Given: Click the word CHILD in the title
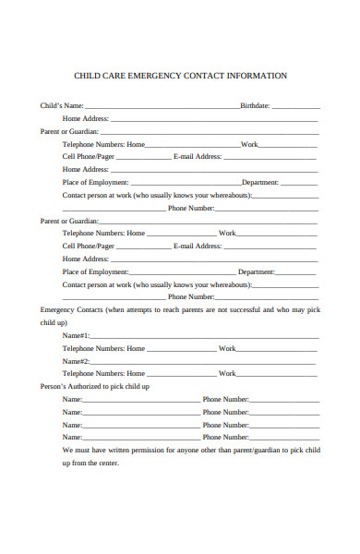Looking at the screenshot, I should [88, 76].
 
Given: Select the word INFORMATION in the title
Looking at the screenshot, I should [255, 76].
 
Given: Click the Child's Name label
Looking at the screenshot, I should [62, 105].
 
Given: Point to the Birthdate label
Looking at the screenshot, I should [255, 105].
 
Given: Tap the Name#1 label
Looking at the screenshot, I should [76, 335].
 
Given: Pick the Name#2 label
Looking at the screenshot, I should [76, 361].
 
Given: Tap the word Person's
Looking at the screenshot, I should [54, 386].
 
